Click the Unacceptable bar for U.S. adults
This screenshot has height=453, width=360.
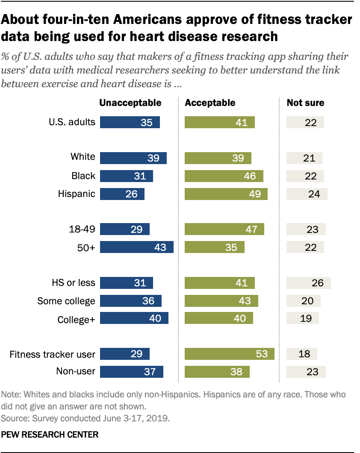click(x=130, y=123)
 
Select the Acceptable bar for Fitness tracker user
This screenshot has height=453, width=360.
click(x=229, y=354)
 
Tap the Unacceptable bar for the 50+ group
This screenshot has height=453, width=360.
click(x=136, y=247)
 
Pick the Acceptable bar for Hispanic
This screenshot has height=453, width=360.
click(x=226, y=194)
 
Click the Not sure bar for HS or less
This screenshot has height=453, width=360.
click(x=308, y=283)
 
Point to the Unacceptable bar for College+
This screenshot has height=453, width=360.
click(x=134, y=319)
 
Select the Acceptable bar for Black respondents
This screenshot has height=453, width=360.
click(x=224, y=176)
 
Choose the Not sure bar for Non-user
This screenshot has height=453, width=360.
click(x=306, y=372)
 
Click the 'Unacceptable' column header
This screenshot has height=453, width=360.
click(x=130, y=103)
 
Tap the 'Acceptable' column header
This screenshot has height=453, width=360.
click(x=210, y=103)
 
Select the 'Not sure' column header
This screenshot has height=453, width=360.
click(x=305, y=103)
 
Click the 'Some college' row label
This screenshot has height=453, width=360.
click(x=66, y=301)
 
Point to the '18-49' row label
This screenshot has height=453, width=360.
click(x=83, y=229)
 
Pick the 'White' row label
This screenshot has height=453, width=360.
click(x=83, y=157)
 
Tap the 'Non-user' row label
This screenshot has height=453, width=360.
click(x=76, y=371)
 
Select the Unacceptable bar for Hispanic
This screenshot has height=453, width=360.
click(x=122, y=194)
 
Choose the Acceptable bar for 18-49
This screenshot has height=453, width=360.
click(x=224, y=229)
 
